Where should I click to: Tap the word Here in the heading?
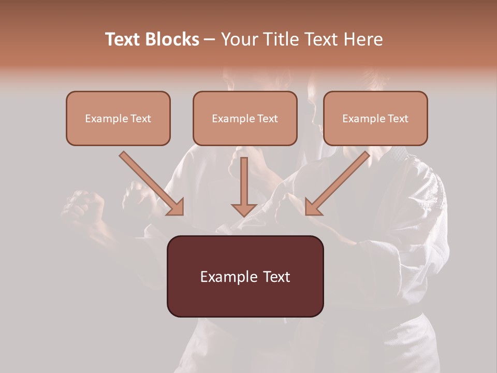[365, 39]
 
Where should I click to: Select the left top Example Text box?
[118, 118]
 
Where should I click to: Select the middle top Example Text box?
[245, 118]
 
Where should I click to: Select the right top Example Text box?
[375, 118]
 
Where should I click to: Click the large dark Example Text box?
[245, 276]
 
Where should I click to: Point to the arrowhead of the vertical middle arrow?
[244, 210]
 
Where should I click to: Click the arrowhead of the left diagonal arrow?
[176, 207]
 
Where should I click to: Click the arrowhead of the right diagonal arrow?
[313, 207]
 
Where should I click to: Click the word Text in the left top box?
[141, 119]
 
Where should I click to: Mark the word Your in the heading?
[239, 39]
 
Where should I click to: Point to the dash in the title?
[210, 40]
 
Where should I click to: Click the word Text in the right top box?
[398, 119]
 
